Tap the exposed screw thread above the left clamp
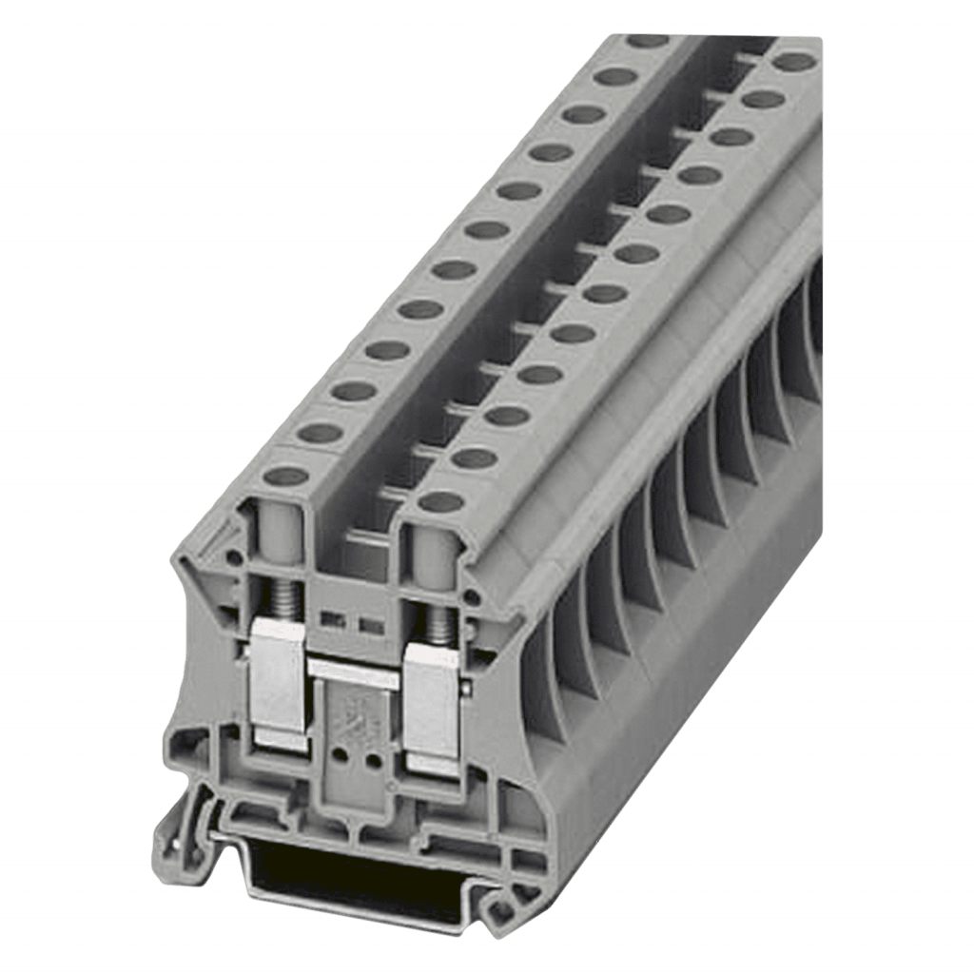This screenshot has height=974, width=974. [x=282, y=596]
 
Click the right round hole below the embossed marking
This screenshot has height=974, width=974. [x=374, y=762]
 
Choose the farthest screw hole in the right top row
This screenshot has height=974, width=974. [x=793, y=62]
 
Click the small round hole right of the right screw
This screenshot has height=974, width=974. [x=471, y=597]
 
